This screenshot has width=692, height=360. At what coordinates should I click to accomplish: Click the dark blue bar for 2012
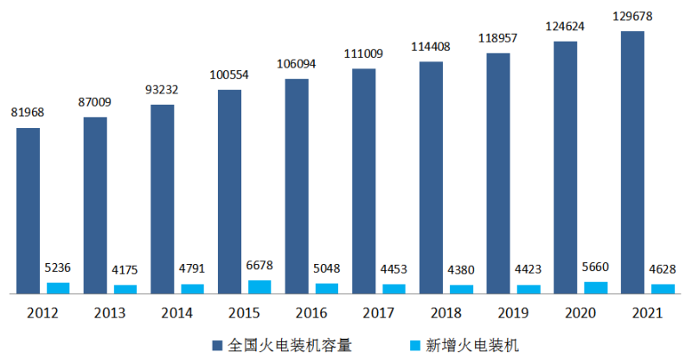click(x=28, y=211)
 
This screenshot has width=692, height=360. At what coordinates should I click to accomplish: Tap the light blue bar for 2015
click(x=259, y=287)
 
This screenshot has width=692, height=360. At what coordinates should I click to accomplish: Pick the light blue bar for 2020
click(x=596, y=288)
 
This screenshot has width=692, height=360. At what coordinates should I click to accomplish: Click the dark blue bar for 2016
click(x=297, y=186)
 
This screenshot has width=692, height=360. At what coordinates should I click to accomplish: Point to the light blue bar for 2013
click(x=125, y=290)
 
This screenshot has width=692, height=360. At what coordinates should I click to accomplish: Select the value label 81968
click(x=28, y=112)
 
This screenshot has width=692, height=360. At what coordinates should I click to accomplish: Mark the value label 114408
click(x=429, y=46)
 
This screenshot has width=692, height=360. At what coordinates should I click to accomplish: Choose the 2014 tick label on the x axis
click(x=176, y=312)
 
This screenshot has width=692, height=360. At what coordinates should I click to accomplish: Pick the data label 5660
click(x=596, y=267)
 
